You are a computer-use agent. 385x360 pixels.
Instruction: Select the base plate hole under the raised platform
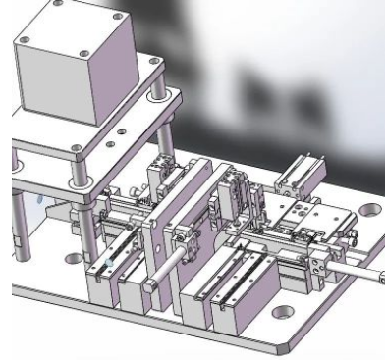tap(71, 260)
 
